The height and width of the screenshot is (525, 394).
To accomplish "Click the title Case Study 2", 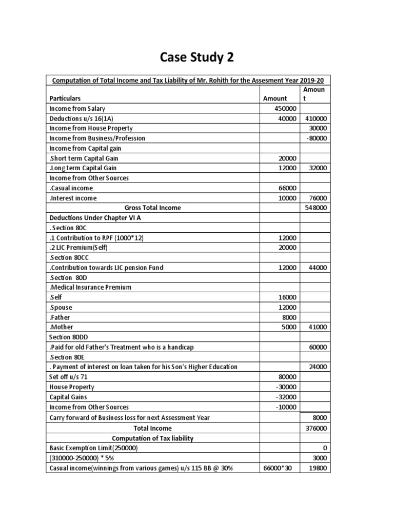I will tap(197, 57).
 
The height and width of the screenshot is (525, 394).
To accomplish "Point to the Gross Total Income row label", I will tap(153, 208).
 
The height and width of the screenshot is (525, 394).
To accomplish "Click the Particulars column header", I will tap(65, 98).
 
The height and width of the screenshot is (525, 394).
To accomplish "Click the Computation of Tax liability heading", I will tap(153, 438).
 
